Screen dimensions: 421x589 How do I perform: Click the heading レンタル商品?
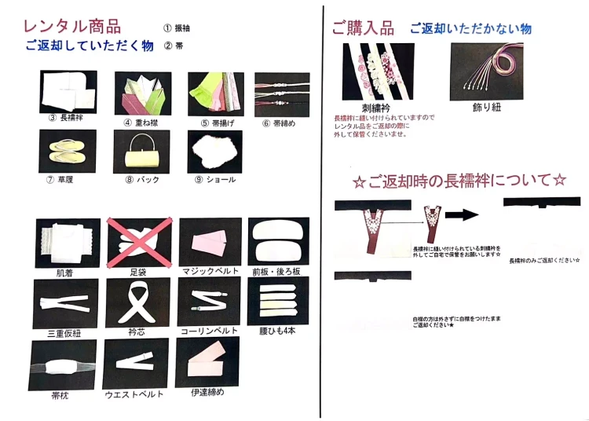(x=71, y=26)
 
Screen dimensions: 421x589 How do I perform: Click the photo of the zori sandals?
(x=67, y=151)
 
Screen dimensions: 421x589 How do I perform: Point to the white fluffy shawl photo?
(x=214, y=151)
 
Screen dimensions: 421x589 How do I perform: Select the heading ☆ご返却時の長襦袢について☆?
(x=459, y=181)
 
